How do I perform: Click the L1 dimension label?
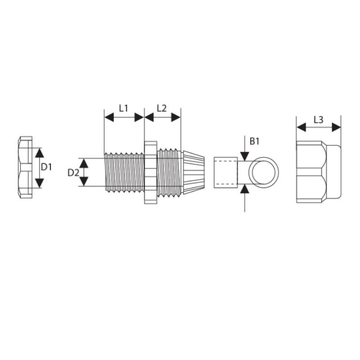123,108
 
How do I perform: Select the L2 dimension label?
162,108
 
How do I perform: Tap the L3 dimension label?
319,120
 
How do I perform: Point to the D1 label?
46,167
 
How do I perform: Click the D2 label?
73,173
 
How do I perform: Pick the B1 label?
254,141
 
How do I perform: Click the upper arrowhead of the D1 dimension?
40,153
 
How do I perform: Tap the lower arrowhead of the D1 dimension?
40,183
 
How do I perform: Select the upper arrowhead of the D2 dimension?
84,163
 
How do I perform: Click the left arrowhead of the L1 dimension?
109,117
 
